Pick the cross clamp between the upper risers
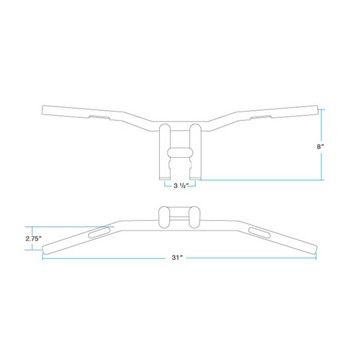180,153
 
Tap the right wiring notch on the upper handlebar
261,115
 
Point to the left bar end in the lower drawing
45,249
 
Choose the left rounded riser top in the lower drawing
163,216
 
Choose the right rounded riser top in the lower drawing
196,216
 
